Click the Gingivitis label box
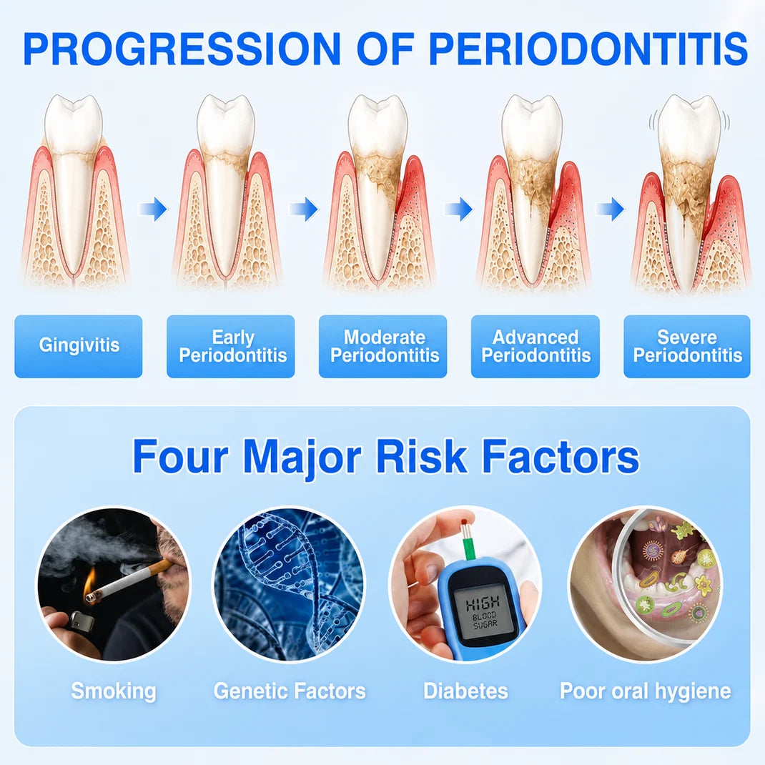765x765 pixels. point(79,346)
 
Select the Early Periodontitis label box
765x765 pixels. point(231,346)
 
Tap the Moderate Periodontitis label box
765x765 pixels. point(383,346)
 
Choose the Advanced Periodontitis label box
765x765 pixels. point(535,346)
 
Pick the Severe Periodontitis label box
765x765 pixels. point(687,346)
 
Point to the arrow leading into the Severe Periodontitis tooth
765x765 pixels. point(610,209)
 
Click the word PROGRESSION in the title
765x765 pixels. point(182,49)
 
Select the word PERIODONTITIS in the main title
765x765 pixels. point(588,49)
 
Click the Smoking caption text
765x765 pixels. point(114,691)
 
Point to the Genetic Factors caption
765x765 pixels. point(290,691)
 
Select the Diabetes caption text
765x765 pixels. point(465,691)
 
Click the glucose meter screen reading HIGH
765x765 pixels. point(483,612)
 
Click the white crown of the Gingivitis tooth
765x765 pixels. point(74,125)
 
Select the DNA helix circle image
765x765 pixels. point(290,584)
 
